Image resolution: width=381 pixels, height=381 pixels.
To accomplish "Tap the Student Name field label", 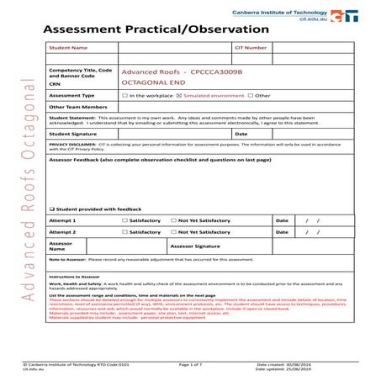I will click(x=68, y=49).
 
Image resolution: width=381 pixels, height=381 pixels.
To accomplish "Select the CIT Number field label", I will click(x=251, y=49).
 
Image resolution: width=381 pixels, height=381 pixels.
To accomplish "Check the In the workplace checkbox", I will click(x=125, y=96).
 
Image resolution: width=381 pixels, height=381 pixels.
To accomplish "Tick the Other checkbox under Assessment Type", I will click(x=251, y=96).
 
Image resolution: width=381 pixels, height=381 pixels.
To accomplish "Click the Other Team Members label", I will click(x=78, y=108).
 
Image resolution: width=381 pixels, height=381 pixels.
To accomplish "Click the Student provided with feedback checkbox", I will click(x=52, y=209).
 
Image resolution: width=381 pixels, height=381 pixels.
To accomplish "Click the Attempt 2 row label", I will click(x=62, y=232).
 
